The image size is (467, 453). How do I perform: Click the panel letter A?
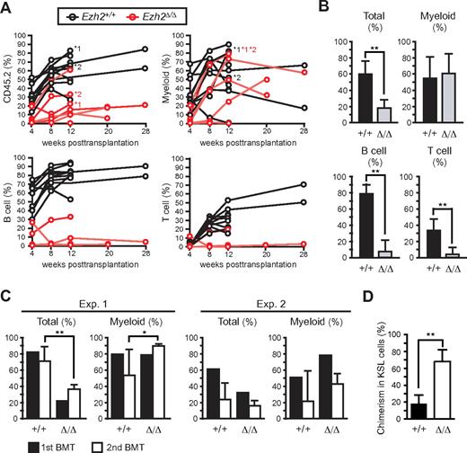[x=8, y=8]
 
